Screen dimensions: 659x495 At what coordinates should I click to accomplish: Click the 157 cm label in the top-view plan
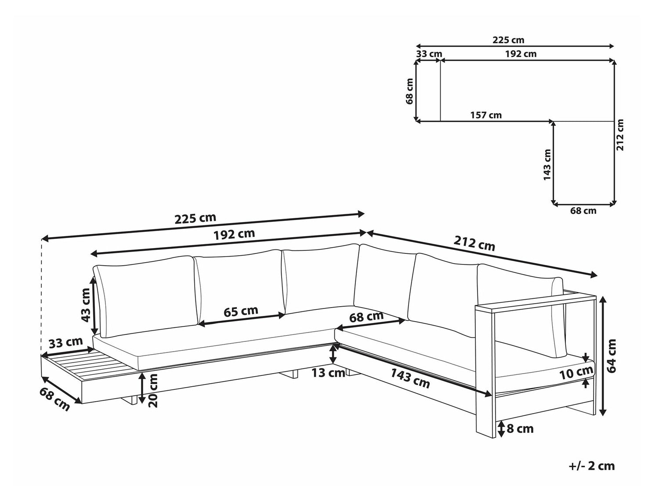486,115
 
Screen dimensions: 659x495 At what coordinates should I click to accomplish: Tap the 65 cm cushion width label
241,311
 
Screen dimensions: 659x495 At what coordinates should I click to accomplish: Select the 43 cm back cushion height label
86,305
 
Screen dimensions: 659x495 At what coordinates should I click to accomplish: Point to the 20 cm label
153,390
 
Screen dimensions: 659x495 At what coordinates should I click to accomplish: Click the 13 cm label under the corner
328,373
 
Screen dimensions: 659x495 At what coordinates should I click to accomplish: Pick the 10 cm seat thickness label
576,373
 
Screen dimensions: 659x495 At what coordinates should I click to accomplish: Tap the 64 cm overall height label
611,356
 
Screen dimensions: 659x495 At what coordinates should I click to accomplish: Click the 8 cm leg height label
520,429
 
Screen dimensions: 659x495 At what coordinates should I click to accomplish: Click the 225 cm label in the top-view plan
508,40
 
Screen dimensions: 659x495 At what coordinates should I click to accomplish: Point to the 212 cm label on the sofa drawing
474,243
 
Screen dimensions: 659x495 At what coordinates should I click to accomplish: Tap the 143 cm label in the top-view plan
547,165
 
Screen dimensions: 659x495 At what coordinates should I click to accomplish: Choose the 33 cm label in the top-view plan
429,54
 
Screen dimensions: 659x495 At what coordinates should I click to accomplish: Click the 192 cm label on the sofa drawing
234,234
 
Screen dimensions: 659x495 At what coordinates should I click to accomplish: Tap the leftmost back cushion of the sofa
145,296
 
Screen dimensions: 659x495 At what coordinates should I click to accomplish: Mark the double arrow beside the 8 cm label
500,429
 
